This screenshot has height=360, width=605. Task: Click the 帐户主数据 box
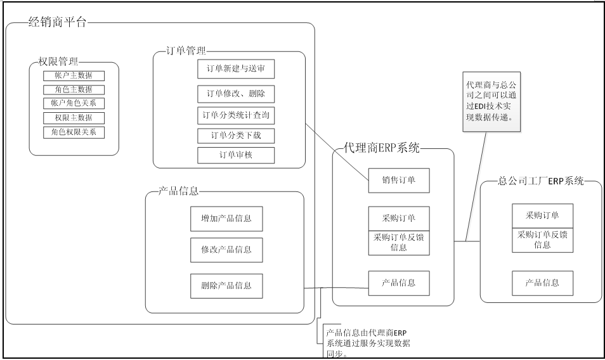pos(74,75)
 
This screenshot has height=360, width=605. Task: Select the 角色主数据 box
pos(74,89)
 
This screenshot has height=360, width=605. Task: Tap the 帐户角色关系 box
pos(74,103)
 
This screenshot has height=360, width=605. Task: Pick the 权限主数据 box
pos(74,118)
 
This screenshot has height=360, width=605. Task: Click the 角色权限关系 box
pos(74,132)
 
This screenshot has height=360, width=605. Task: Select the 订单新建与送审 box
pos(236,68)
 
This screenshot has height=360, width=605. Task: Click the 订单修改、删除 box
pos(236,94)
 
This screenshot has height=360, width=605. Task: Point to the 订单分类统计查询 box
pos(236,116)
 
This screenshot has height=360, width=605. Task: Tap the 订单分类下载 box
pos(236,136)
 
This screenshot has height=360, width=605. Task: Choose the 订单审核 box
pos(236,155)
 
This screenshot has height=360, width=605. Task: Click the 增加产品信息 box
pos(226,218)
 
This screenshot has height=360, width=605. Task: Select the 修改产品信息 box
pos(226,250)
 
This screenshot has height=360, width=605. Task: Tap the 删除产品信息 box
pos(226,285)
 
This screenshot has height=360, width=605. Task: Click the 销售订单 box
pos(400,180)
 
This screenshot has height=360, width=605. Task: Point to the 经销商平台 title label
pos(58,23)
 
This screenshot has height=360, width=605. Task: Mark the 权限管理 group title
pos(58,62)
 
